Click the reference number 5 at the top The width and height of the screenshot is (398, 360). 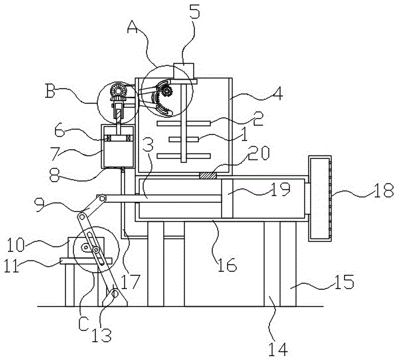(195, 11)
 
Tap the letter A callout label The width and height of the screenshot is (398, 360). (133, 27)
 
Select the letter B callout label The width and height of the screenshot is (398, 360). (50, 92)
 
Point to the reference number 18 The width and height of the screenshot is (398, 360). (385, 190)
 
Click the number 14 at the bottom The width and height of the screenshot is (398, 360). (278, 349)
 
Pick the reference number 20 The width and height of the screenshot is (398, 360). (258, 153)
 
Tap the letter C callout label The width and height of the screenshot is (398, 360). (83, 324)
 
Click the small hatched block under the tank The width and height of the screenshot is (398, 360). (208, 175)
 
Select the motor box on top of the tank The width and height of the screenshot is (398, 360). (184, 71)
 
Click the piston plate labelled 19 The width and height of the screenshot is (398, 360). (227, 199)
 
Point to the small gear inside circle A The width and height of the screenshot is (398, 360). (167, 91)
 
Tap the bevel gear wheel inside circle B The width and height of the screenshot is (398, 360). (118, 90)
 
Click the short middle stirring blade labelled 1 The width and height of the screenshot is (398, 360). (183, 139)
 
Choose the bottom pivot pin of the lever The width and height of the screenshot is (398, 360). (115, 294)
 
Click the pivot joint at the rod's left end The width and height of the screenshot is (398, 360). (102, 198)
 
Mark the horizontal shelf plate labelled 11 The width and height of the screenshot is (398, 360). (86, 261)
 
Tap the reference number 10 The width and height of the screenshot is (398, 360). (15, 245)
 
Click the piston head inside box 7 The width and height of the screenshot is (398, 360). (118, 138)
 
